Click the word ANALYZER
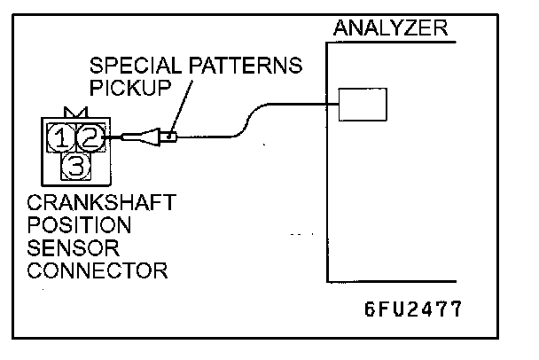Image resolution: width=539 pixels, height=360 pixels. point(390,28)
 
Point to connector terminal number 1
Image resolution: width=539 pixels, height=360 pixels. point(62,137)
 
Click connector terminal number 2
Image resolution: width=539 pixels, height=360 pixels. point(90,137)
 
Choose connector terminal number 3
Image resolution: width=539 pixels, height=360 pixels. point(76,165)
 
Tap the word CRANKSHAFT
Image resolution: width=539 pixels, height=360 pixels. point(100,204)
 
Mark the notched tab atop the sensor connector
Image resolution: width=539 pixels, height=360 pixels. point(75,112)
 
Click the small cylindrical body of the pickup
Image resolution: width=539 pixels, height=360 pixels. point(171,137)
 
